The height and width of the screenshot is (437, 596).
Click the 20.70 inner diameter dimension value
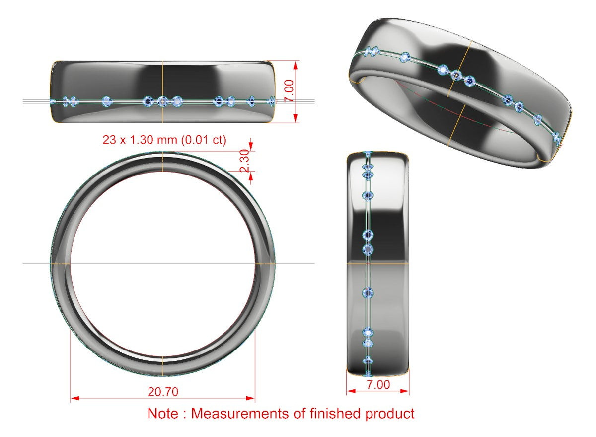click(163, 392)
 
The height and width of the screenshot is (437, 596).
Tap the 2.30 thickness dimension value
click(244, 161)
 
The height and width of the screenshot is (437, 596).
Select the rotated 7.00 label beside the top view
click(289, 91)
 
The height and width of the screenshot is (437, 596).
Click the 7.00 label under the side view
click(378, 384)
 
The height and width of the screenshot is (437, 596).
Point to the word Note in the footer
click(162, 413)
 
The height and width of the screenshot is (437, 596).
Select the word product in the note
click(390, 414)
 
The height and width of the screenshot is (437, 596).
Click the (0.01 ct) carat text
click(204, 140)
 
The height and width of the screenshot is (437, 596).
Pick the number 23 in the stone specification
click(109, 140)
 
